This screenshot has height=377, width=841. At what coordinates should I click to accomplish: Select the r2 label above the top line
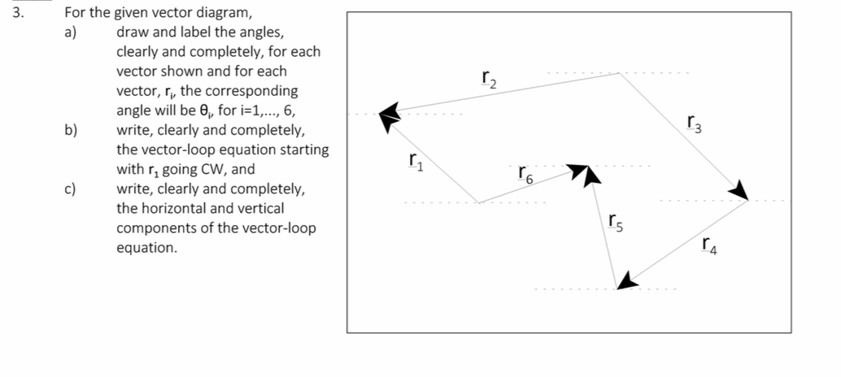click(x=487, y=80)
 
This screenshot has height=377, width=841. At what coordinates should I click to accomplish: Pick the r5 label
click(x=616, y=219)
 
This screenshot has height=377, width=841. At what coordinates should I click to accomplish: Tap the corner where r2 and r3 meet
click(x=620, y=73)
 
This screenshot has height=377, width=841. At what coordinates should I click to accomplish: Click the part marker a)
click(x=71, y=32)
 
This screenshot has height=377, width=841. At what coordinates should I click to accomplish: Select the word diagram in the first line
click(x=224, y=13)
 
